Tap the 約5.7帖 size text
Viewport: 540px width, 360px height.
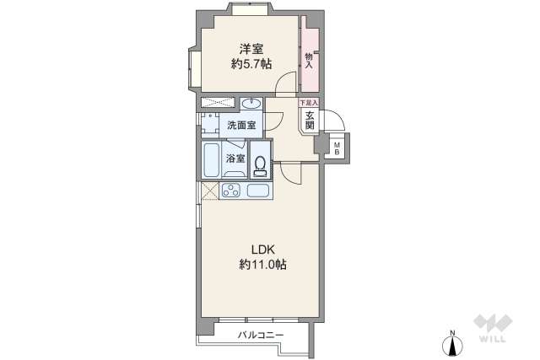(251, 64)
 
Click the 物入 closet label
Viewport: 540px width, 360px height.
(310, 57)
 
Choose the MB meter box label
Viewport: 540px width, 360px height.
(337, 149)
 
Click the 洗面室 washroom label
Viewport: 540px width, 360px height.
(241, 126)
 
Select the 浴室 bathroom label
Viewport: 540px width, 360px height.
(235, 159)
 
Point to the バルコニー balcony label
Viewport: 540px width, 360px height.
(260, 336)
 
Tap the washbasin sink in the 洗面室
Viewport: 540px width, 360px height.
(251, 104)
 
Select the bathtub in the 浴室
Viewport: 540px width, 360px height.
(212, 159)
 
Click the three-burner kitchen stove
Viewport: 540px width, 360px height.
(230, 190)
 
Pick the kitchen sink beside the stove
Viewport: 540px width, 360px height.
(257, 190)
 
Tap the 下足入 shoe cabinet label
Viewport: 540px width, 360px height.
(309, 103)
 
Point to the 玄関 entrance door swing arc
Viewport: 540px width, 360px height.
(332, 121)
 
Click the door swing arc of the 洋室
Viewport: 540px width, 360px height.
(287, 82)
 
